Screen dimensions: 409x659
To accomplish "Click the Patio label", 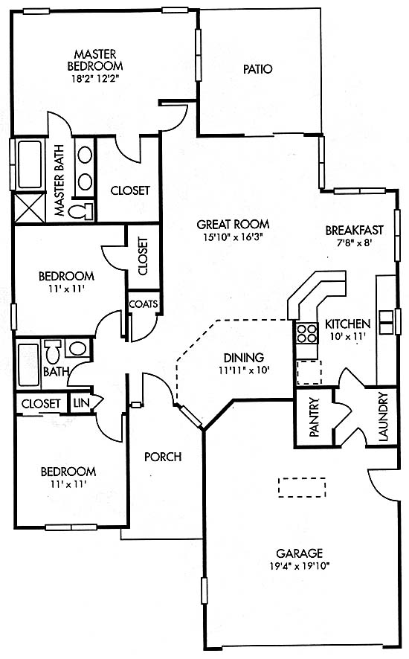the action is point(258,69).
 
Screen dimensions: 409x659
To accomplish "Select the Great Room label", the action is point(233,224).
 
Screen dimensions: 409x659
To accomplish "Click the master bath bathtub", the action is point(30,164).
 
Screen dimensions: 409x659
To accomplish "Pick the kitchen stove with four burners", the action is point(306,334).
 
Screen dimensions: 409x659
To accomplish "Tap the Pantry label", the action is point(315,417).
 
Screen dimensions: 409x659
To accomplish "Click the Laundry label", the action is point(384,417).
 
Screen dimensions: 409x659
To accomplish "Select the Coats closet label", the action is point(144,304).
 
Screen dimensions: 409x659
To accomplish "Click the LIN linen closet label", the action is point(82,402).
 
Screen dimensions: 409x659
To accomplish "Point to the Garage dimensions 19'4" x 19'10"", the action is point(299,566).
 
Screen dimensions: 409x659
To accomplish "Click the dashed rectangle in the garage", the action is point(302,487).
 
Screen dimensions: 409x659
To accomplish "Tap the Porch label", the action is point(163,457).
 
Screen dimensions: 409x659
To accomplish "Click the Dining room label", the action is point(244,358).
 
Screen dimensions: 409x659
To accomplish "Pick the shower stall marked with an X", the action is point(30,208).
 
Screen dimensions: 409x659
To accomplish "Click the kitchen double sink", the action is point(385,322).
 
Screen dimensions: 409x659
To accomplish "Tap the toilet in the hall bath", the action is point(54,351).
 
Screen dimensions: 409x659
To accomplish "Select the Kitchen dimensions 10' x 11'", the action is point(347,337).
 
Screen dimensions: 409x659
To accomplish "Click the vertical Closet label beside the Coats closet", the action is point(143,257).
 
